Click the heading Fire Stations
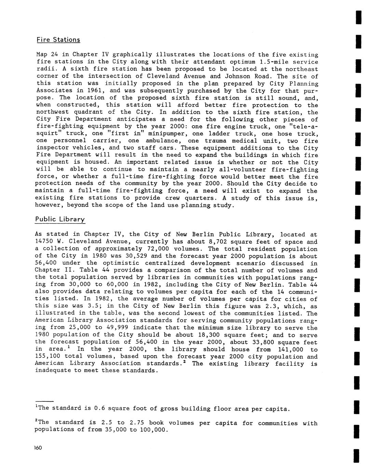58,40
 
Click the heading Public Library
60,219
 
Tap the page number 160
38,448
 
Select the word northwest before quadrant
52,112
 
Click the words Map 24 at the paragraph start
46,55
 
